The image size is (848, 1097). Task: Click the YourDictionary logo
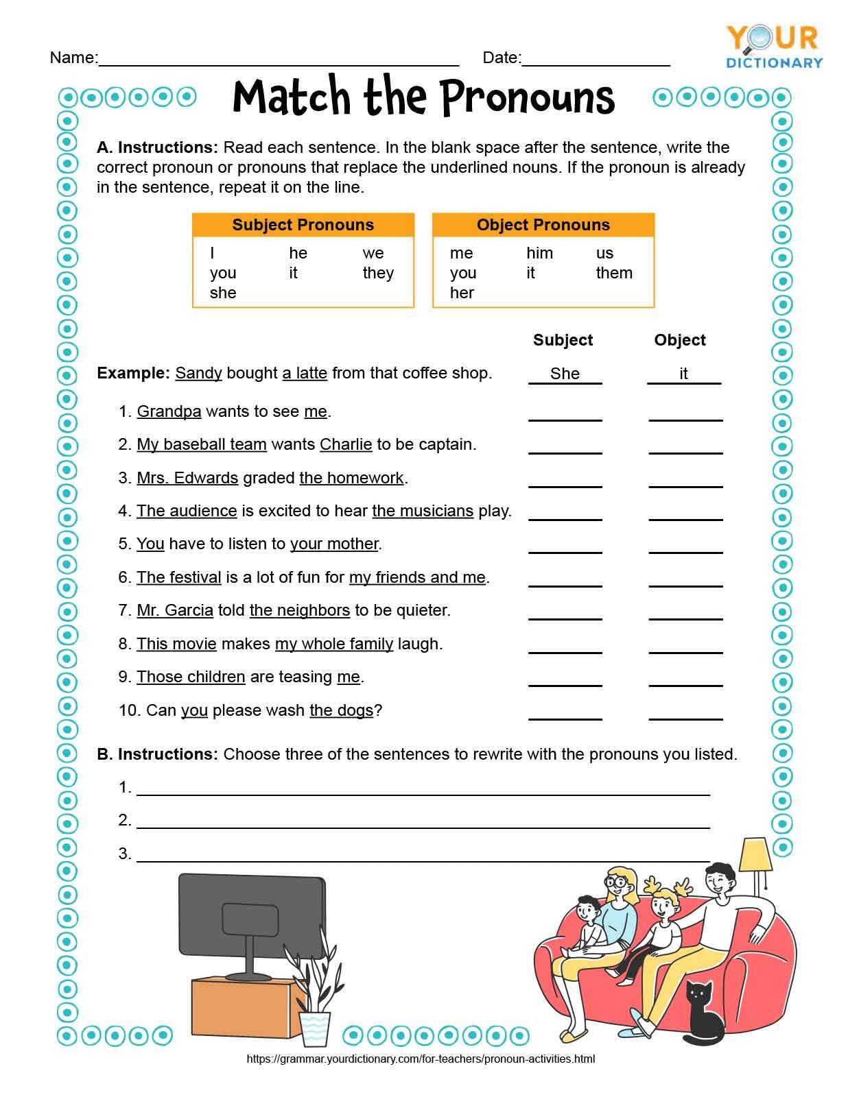(x=774, y=47)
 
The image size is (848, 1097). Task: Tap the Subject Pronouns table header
(x=303, y=225)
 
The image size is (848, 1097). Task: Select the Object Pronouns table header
(x=543, y=225)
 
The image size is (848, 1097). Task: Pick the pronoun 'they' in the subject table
(x=378, y=273)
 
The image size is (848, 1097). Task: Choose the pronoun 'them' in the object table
(x=614, y=273)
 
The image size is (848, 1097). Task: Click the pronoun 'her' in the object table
(x=462, y=293)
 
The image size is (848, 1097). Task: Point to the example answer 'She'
(x=565, y=374)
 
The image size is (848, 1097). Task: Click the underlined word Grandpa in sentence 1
(x=169, y=411)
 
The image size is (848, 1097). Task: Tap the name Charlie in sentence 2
(x=346, y=444)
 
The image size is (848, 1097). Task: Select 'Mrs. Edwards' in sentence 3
(x=187, y=478)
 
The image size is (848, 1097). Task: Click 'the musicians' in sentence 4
(x=423, y=511)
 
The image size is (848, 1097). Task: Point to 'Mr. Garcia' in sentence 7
(x=175, y=610)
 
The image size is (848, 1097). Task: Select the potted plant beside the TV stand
(x=315, y=994)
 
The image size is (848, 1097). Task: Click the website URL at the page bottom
(x=421, y=1059)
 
